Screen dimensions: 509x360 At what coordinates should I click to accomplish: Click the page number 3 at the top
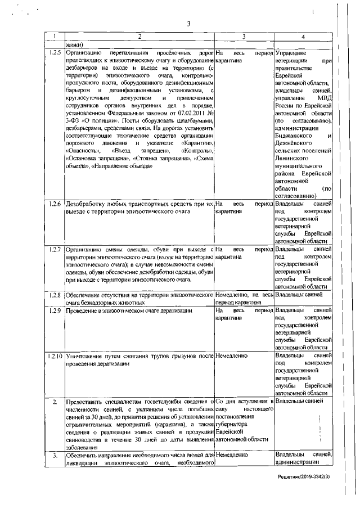point(189,23)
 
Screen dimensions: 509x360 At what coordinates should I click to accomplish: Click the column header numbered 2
point(139,37)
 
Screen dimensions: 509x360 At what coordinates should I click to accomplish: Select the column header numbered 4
point(303,37)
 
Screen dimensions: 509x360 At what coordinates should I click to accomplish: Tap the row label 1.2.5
point(55,52)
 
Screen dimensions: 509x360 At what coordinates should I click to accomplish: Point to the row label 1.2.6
point(55,204)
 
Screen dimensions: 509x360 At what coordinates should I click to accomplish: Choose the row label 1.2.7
point(55,249)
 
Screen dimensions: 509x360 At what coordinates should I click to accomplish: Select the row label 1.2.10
point(55,356)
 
